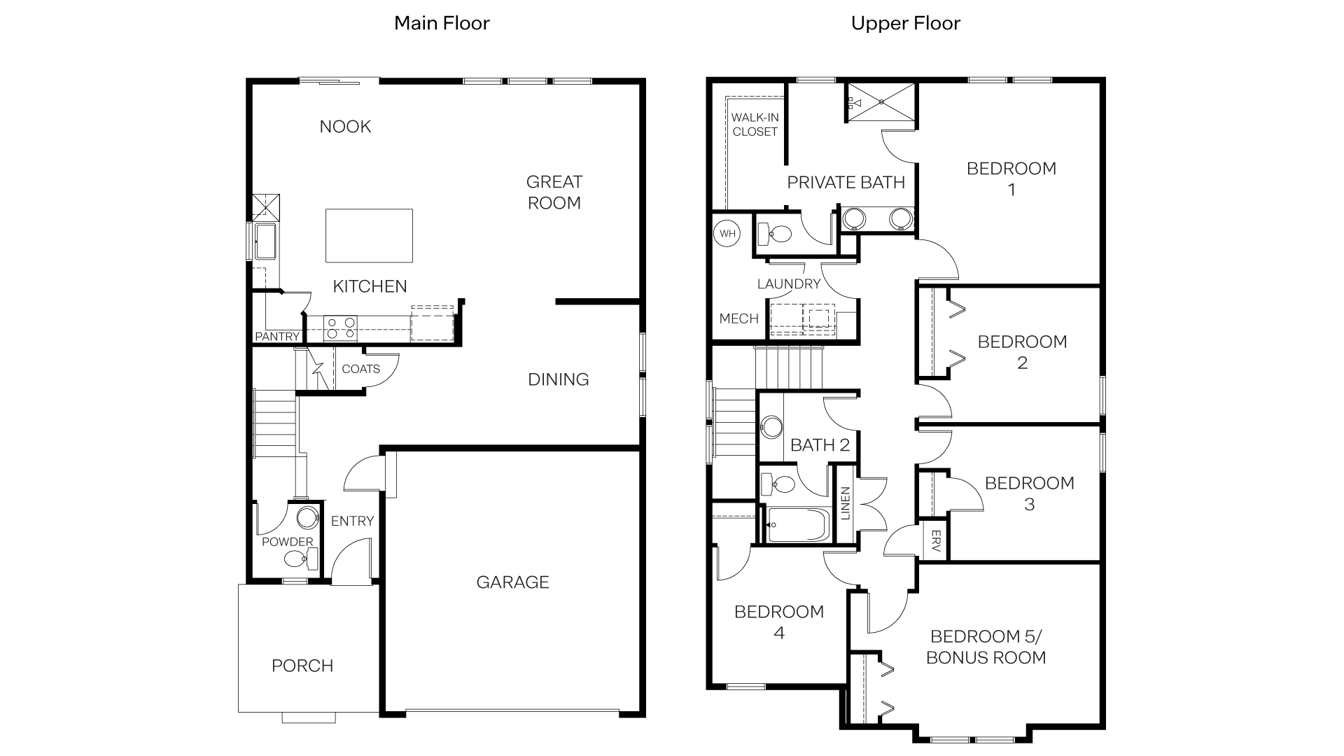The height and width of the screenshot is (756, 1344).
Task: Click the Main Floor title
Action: pyautogui.click(x=442, y=23)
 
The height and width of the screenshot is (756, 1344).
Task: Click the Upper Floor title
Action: pyautogui.click(x=905, y=23)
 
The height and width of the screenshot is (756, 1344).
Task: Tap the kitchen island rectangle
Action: pyautogui.click(x=369, y=235)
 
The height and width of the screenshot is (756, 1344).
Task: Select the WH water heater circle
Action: pyautogui.click(x=727, y=234)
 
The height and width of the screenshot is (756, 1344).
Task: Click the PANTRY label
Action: pyautogui.click(x=277, y=337)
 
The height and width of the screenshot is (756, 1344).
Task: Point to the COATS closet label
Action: pyautogui.click(x=360, y=369)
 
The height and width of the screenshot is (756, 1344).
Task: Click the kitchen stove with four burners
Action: pyautogui.click(x=340, y=328)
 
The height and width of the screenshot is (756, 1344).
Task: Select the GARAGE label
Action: pyautogui.click(x=512, y=582)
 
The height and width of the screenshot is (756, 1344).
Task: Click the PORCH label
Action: pyautogui.click(x=302, y=666)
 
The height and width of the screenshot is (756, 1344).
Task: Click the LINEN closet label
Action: pyautogui.click(x=845, y=503)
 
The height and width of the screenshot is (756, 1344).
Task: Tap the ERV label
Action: pyautogui.click(x=935, y=540)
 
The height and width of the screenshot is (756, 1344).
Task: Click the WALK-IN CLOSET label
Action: pyautogui.click(x=755, y=125)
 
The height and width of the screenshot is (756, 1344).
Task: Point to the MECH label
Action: pyautogui.click(x=738, y=318)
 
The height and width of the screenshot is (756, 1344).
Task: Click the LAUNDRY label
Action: pyautogui.click(x=788, y=283)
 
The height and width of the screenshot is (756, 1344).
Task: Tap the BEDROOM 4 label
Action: pyautogui.click(x=778, y=622)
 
